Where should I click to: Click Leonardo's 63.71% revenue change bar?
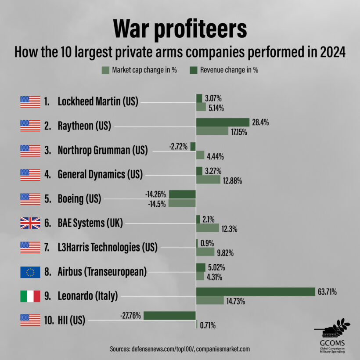pos(256,292)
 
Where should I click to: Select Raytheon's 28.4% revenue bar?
pos(223,122)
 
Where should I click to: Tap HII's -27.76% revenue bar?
pos(169,316)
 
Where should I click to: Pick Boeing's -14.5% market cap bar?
pos(182,203)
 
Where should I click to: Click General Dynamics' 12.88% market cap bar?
pos(208,180)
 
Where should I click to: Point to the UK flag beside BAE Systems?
pos(30,223)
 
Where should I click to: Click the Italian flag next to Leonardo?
pos(30,296)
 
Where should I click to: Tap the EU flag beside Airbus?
pos(30,272)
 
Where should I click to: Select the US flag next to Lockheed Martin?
pos(30,101)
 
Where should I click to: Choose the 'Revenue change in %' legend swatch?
pos(193,70)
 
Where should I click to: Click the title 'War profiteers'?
pos(180,29)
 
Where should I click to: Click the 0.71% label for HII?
pos(208,325)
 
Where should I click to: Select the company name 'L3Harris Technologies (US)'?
pos(107,248)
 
